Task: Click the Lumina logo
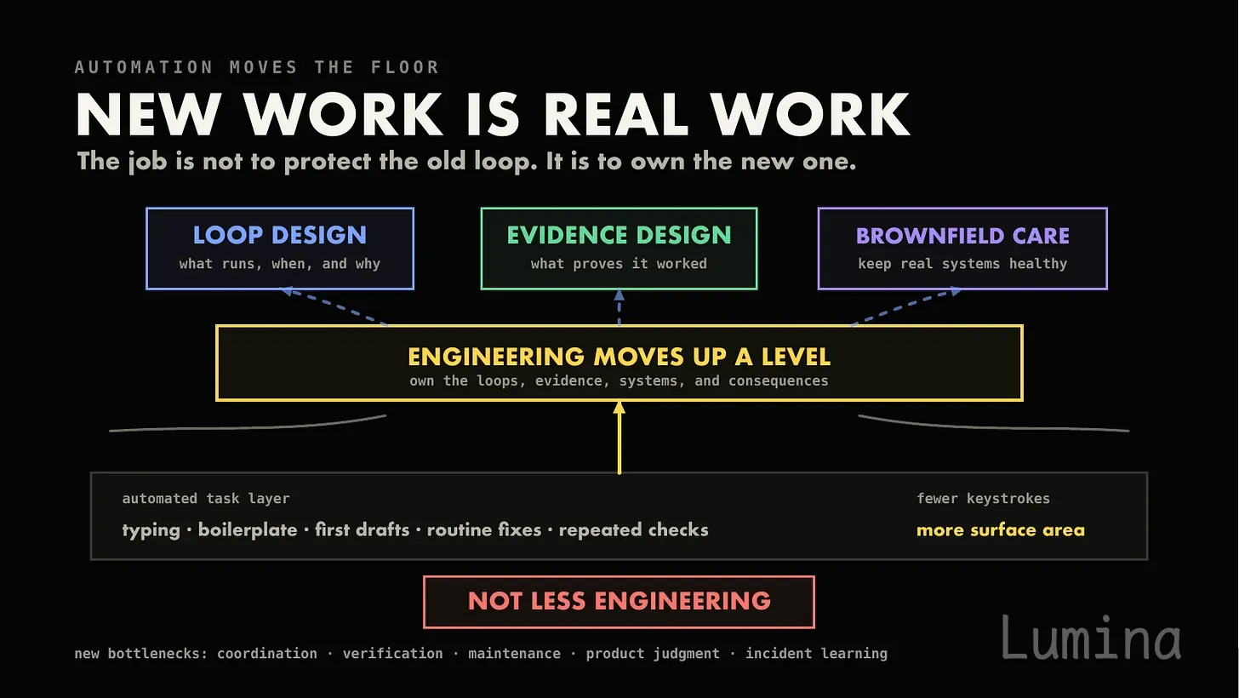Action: click(x=1091, y=638)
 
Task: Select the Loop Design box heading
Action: click(x=280, y=235)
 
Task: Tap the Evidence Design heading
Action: click(x=619, y=235)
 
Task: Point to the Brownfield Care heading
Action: click(x=962, y=236)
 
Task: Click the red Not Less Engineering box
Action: click(x=619, y=602)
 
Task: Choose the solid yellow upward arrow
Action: click(x=619, y=438)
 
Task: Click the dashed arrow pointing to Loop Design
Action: click(x=334, y=306)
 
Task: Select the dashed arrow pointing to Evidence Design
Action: click(x=619, y=307)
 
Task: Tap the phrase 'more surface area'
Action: click(x=1000, y=529)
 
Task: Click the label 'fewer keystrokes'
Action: click(x=983, y=498)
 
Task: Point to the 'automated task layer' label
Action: click(x=206, y=498)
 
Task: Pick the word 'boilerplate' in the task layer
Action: click(x=248, y=529)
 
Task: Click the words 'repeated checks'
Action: click(x=633, y=529)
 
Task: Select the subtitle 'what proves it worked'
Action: click(x=619, y=264)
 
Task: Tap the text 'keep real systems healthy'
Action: click(x=962, y=264)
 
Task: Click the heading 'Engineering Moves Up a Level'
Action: click(x=619, y=357)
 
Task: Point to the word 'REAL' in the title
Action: click(x=616, y=114)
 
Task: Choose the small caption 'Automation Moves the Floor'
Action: click(x=257, y=67)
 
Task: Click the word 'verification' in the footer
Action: click(x=393, y=653)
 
